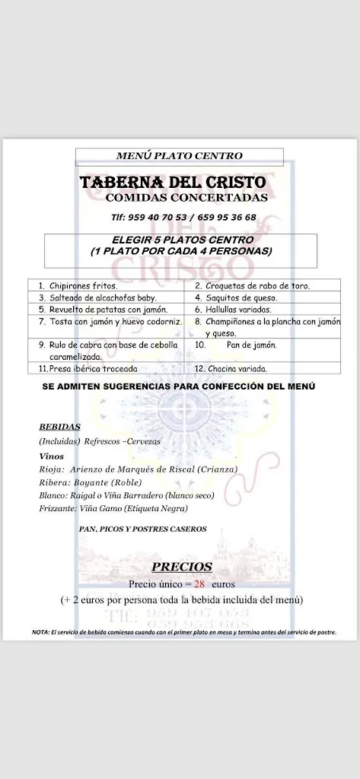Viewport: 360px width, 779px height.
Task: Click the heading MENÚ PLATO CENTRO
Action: point(180,156)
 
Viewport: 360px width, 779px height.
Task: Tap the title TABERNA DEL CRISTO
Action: point(174,183)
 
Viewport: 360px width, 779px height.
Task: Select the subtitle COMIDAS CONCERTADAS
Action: point(186,198)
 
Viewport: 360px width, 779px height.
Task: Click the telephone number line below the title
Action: point(183,217)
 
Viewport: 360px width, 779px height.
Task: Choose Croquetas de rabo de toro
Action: point(256,285)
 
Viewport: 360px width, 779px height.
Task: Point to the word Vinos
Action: point(51,455)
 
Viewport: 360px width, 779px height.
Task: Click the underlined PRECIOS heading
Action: point(182,567)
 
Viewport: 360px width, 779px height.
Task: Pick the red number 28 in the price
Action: point(200,585)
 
